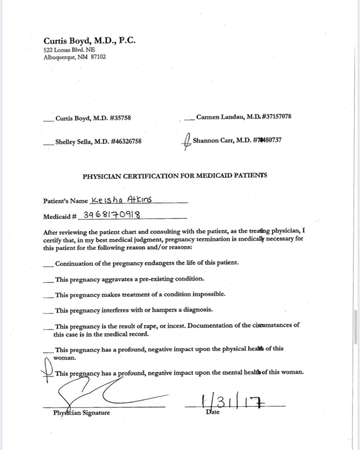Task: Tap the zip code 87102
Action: [98, 57]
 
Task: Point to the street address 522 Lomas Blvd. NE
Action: [63, 50]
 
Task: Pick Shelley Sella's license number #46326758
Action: [126, 142]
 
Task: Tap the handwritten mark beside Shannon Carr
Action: [187, 142]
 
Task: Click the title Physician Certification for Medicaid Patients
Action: [175, 176]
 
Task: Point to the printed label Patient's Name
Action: [65, 201]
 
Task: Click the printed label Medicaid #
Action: [60, 217]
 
